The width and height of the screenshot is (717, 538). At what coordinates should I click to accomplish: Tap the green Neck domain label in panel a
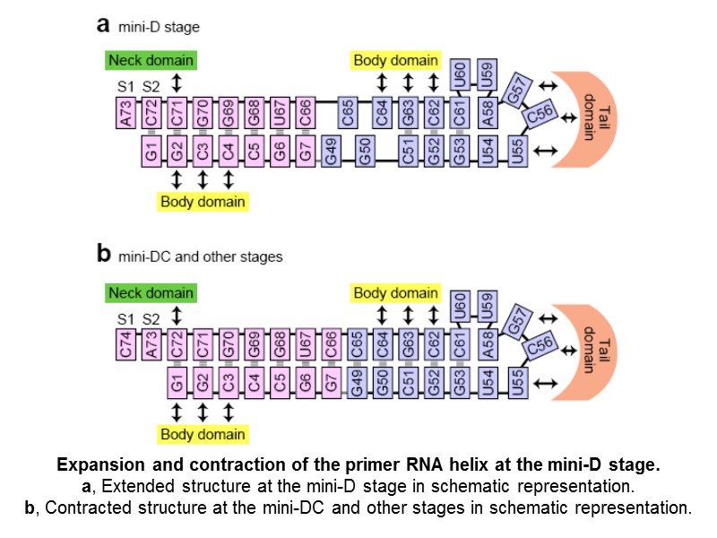point(151,61)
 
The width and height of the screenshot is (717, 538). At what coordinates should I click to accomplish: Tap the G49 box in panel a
point(332,153)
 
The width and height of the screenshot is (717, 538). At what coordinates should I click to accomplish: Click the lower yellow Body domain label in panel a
point(203,202)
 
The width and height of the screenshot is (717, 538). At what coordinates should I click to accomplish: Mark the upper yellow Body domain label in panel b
point(395,292)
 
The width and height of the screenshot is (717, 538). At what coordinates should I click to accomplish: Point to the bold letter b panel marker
point(103,255)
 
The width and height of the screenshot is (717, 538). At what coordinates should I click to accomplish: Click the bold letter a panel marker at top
point(103,25)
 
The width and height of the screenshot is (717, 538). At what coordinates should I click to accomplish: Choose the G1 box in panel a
point(152,153)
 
